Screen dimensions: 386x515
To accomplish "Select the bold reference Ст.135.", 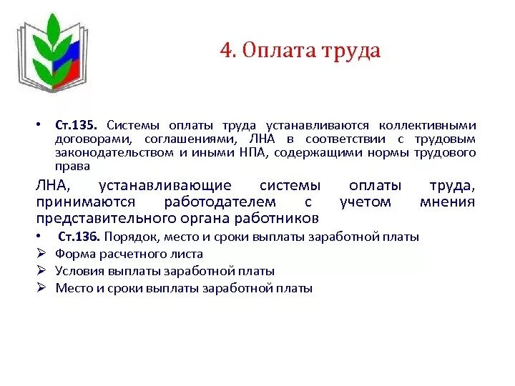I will point(80,124).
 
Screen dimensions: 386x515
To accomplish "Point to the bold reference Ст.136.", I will point(82,237).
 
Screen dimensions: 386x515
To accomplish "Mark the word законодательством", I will point(114,152).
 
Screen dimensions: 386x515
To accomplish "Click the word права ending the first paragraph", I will point(73,166).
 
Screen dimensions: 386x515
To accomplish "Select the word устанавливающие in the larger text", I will point(165,185).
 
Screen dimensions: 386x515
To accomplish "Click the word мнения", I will point(447,202).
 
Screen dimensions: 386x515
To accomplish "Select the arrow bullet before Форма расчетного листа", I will point(41,254).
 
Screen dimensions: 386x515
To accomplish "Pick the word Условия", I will point(81,271).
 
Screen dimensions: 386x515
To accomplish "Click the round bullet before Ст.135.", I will point(41,124).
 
